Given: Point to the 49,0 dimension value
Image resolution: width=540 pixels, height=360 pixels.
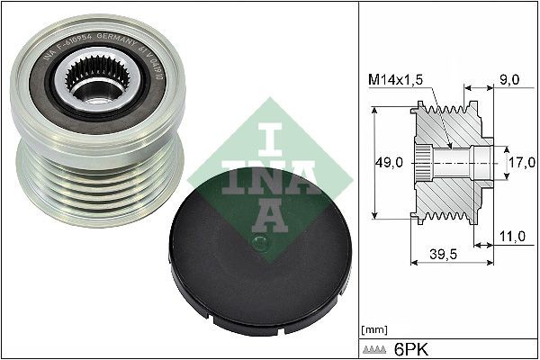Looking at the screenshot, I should (x=388, y=163).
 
